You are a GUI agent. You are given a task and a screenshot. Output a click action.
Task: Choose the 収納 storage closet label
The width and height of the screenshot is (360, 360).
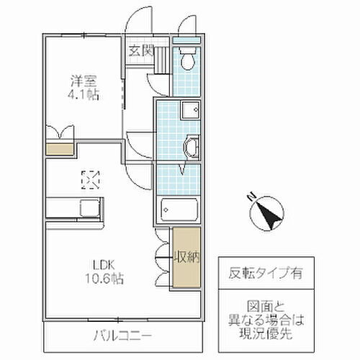point(184,256)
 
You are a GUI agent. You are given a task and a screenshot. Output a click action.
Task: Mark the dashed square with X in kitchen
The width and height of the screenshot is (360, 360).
point(91,178)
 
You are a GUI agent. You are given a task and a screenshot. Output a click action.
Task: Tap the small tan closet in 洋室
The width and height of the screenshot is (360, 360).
point(60,148)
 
